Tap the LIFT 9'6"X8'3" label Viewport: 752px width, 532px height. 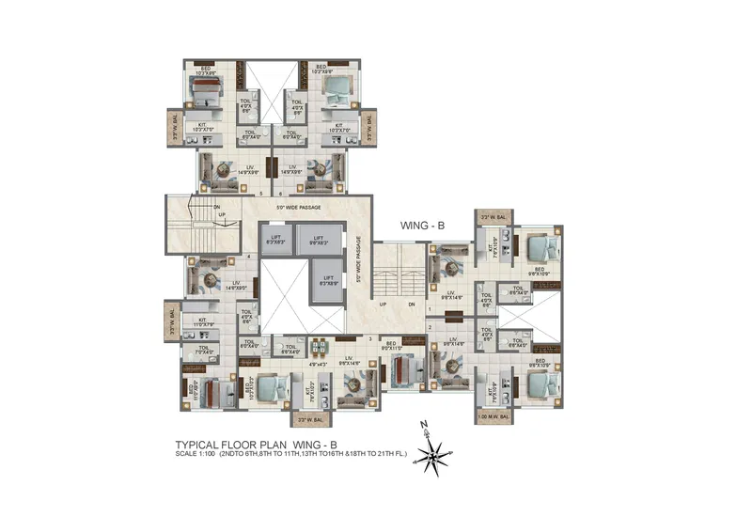click(319, 241)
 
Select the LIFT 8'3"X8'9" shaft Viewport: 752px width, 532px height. click(328, 279)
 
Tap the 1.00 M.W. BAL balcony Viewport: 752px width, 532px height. click(493, 415)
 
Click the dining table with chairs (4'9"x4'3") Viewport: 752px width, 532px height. click(320, 345)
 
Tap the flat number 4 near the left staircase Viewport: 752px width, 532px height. click(248, 256)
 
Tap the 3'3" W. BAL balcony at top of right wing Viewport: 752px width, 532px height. click(493, 216)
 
